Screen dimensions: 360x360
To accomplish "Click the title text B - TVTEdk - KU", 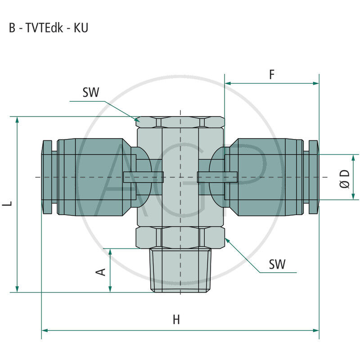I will tap(49, 28).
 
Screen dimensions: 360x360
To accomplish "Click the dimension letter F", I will tap(272, 75).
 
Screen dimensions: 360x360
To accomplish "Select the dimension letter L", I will tap(8, 203).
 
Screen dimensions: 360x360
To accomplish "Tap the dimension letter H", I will tap(176, 320).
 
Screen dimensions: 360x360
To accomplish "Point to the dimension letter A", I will tap(102, 271).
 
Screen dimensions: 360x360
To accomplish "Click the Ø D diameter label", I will tap(345, 178).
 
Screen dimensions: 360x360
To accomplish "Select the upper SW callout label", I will tap(90, 93).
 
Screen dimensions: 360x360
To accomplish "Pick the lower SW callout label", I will tap(277, 264).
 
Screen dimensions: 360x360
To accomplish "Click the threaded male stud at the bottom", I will tap(180, 270).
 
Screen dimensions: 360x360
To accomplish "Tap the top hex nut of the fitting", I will tap(180, 122).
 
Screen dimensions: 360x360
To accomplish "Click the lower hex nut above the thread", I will tap(180, 237).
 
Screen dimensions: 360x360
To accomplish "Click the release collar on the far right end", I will tap(314, 177).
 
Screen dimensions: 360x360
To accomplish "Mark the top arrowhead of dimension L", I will tap(18, 120).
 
